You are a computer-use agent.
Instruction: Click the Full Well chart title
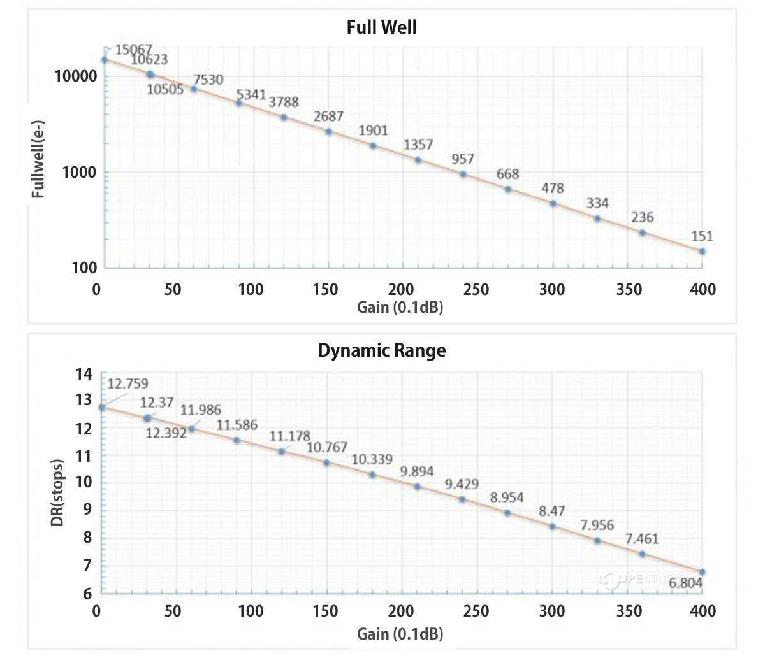point(382,27)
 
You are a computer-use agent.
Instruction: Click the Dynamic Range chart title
point(382,350)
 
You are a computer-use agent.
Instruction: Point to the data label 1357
point(418,145)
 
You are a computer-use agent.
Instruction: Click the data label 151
point(702,236)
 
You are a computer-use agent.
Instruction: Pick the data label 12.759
point(127,383)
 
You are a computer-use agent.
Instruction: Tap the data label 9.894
point(417,471)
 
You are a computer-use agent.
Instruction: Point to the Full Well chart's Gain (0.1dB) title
point(400,307)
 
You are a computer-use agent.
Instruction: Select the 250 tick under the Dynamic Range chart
point(476,611)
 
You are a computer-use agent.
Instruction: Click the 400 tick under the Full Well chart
point(703,289)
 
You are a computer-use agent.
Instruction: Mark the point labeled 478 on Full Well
point(553,204)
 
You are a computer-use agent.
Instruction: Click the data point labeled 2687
point(329,132)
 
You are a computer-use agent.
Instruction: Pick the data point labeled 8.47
point(552,526)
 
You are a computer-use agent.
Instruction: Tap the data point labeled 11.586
point(237,440)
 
